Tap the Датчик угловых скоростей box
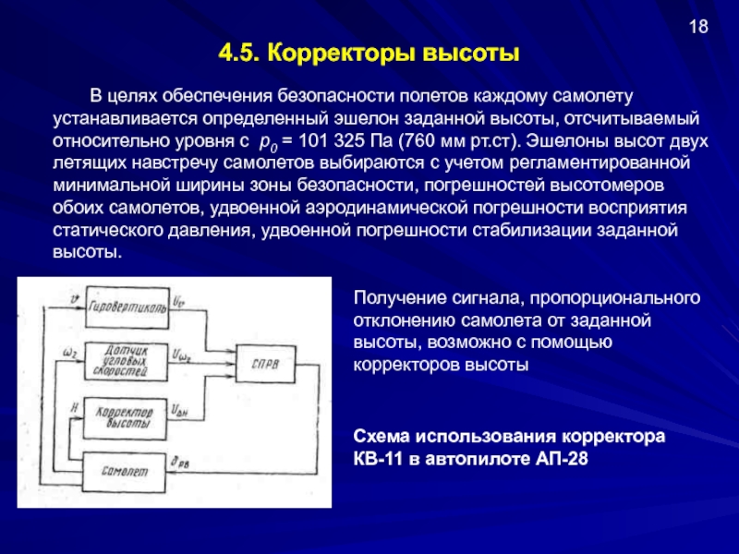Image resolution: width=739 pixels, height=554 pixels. tap(126, 355)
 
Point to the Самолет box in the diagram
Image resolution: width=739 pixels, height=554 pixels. tap(126, 470)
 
